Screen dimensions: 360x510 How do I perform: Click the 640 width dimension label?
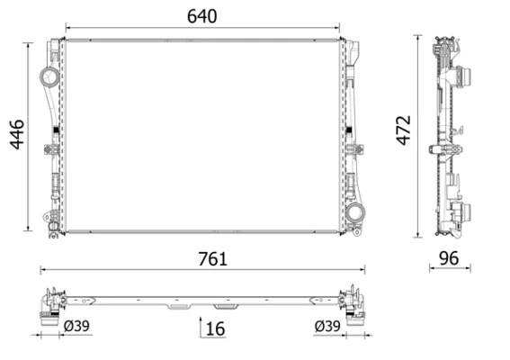coord(201,16)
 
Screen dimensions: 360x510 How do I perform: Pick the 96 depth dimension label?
coord(447,258)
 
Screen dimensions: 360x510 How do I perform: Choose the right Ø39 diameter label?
coord(327,326)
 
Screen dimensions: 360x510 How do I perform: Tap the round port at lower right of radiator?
coord(357,213)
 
